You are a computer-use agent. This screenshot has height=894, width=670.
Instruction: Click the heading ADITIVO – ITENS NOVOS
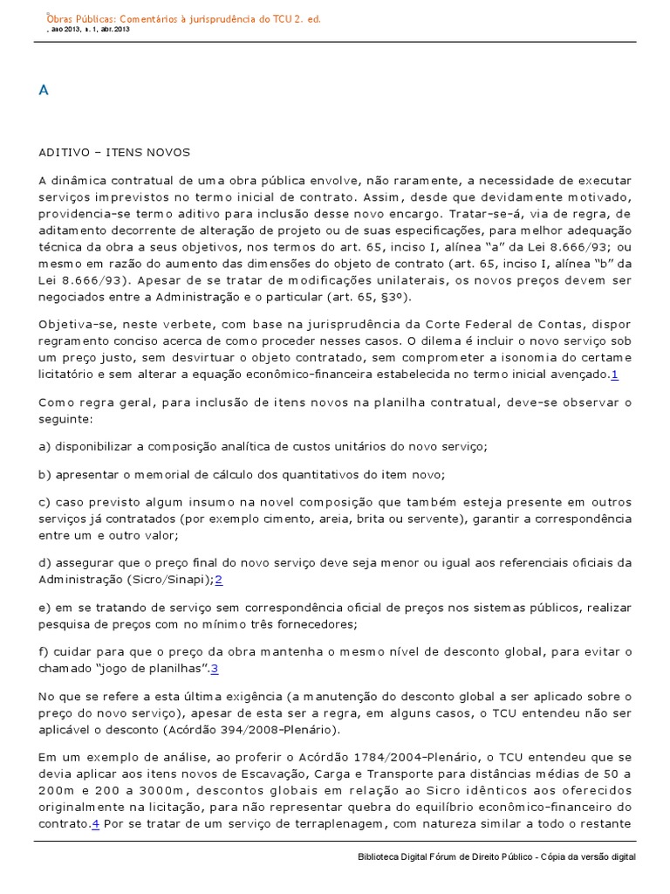point(113,151)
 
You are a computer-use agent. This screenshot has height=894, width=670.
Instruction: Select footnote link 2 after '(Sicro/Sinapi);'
point(219,579)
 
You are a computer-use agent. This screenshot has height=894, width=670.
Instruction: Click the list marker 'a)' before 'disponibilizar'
point(44,446)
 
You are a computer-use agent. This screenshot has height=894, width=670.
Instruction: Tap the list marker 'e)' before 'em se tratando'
point(44,608)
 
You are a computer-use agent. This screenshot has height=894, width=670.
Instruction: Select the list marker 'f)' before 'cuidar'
point(44,652)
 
